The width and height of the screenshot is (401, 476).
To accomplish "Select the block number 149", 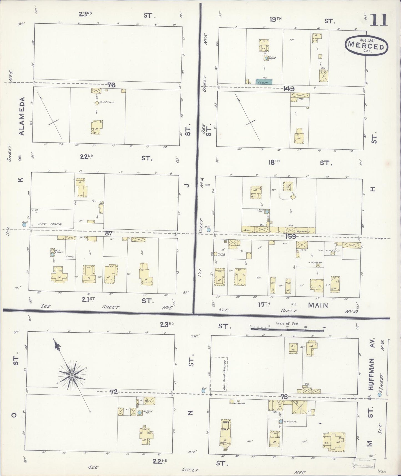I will [289, 89].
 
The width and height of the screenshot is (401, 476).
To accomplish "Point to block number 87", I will [109, 233].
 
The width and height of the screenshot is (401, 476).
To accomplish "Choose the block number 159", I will [290, 237].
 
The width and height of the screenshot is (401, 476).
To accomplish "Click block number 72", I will [114, 392].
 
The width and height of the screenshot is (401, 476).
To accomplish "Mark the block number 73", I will [285, 397].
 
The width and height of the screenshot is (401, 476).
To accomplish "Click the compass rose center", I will [72, 375].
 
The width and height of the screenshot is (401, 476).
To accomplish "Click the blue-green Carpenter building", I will [264, 82].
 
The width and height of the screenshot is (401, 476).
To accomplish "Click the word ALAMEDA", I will [22, 116].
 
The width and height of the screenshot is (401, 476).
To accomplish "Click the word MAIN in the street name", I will [318, 305].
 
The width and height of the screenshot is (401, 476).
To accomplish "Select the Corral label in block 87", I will [70, 257].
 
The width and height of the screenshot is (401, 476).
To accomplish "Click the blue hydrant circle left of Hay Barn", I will [24, 225].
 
